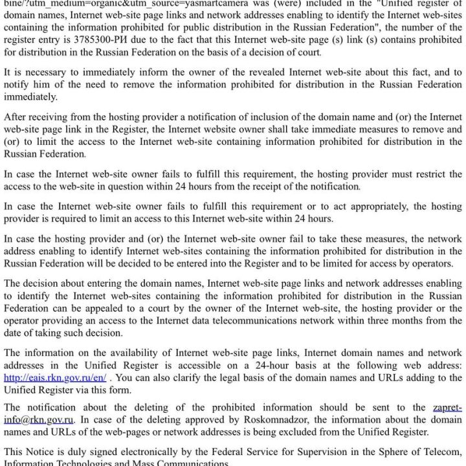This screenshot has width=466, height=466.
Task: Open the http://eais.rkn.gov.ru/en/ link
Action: (x=55, y=378)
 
